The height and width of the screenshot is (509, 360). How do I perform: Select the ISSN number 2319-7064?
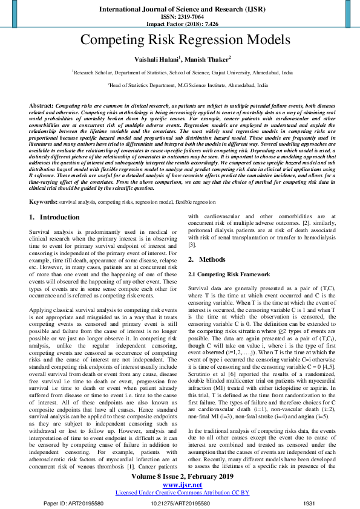click(189, 18)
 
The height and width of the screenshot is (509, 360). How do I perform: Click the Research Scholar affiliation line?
click(182, 71)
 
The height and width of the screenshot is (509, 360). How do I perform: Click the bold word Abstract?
click(41, 105)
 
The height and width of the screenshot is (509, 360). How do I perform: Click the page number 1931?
click(309, 503)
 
